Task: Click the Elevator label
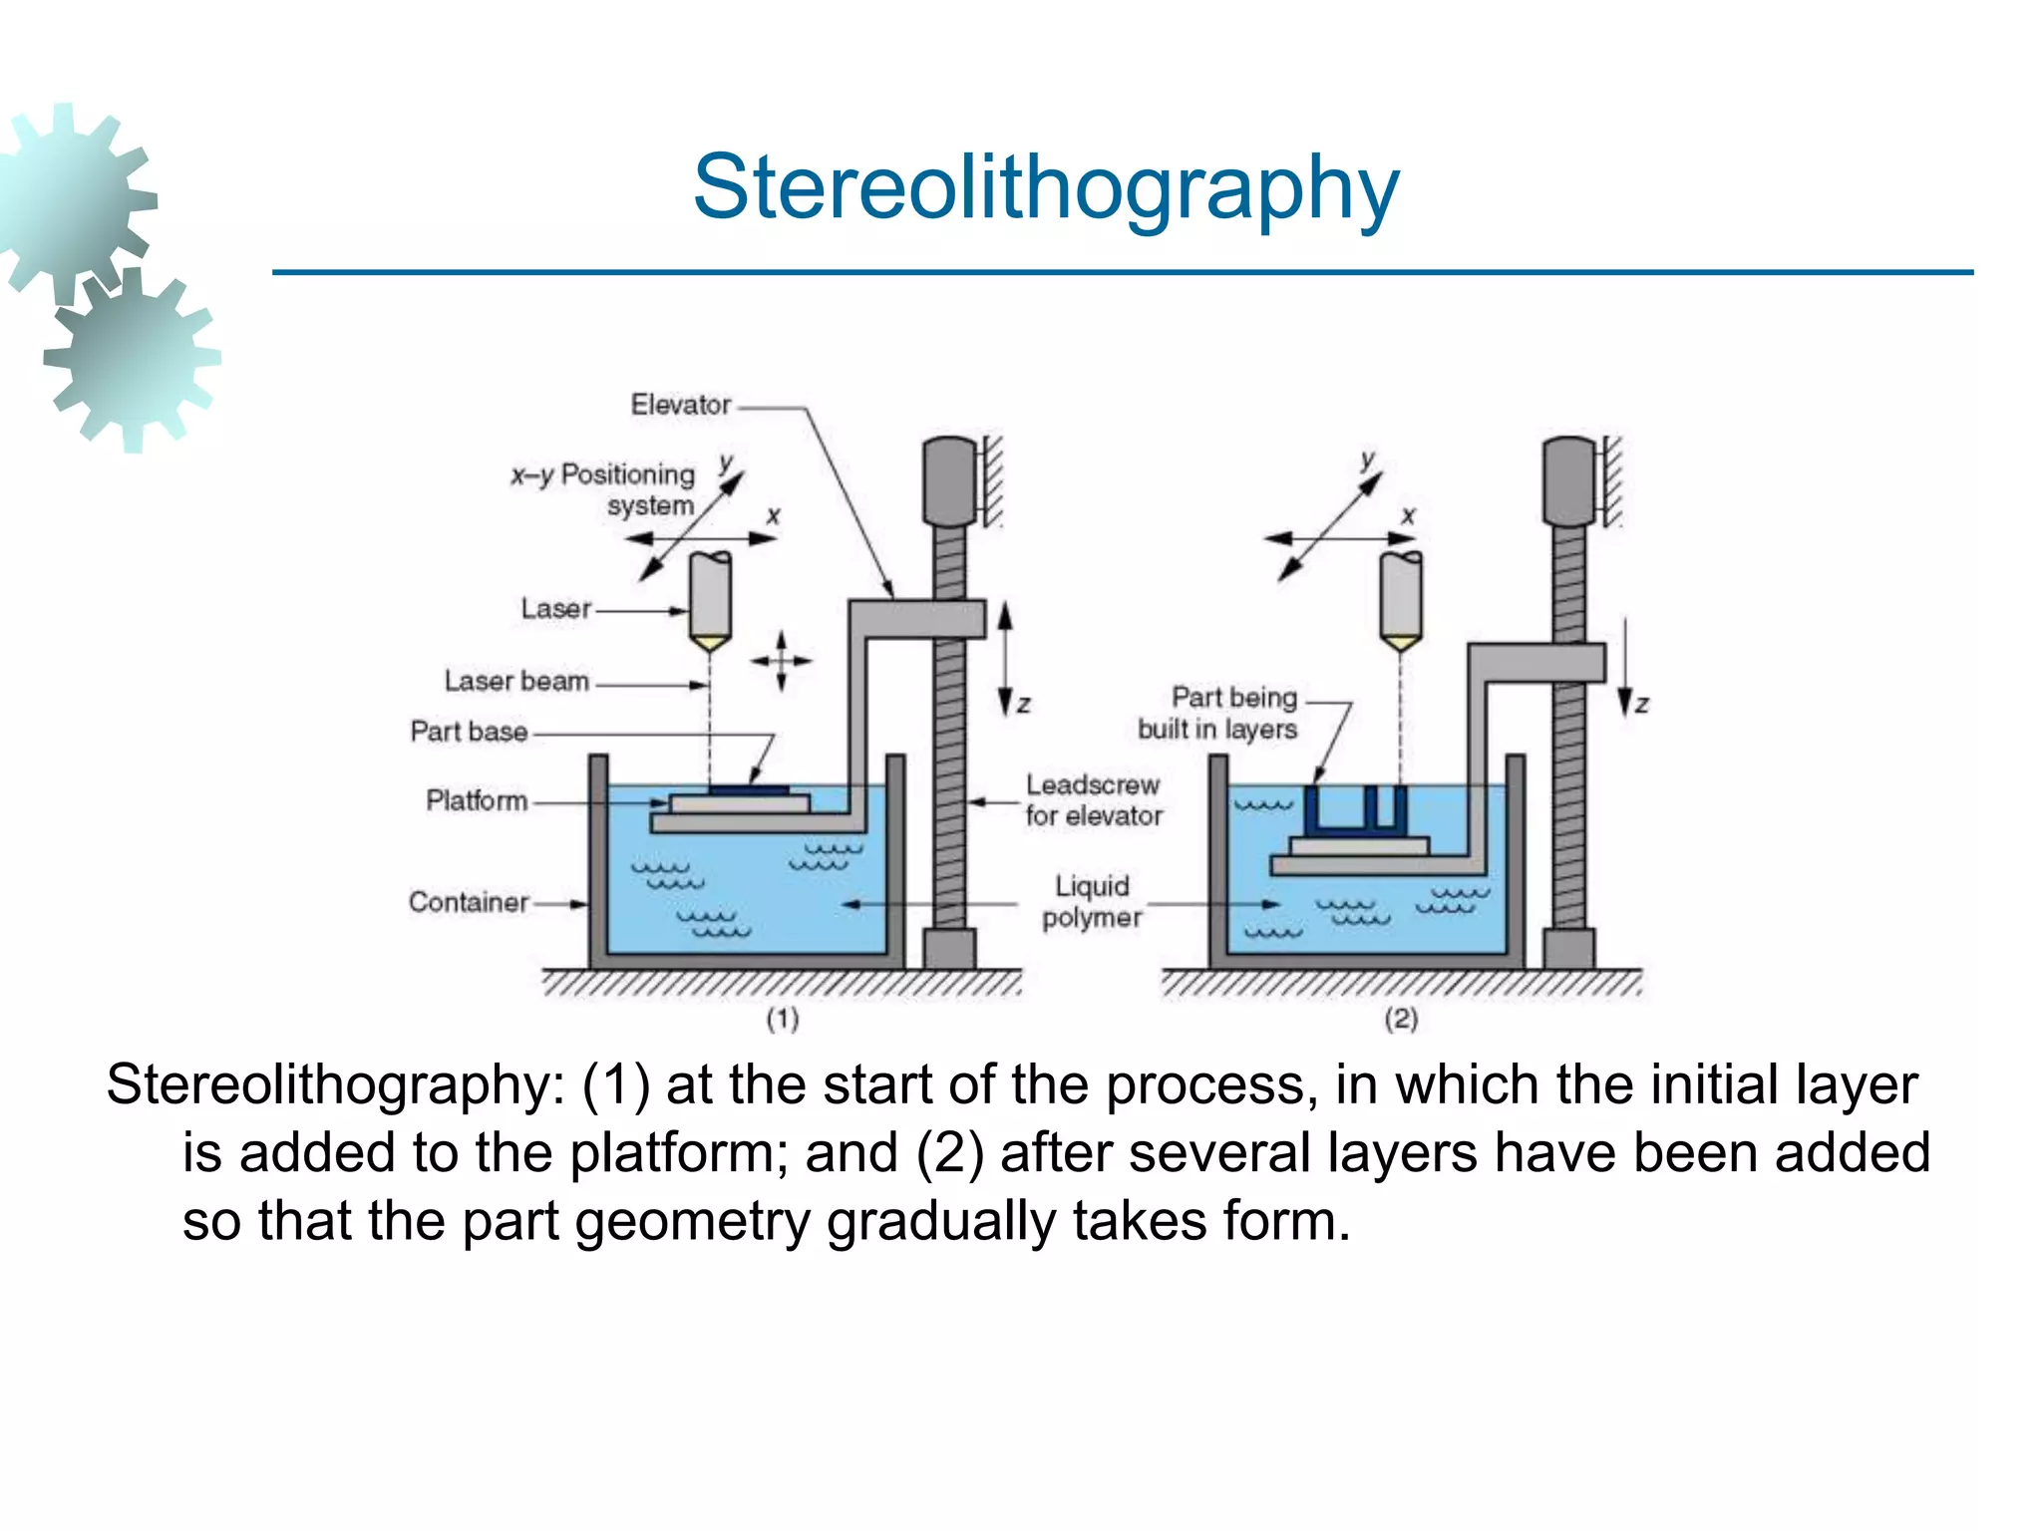[681, 406]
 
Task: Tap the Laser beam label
[516, 682]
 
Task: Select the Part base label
[469, 733]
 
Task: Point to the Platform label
[477, 800]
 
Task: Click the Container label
[469, 903]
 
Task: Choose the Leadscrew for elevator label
[1094, 800]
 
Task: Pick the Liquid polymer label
[1092, 902]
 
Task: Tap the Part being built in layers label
[1218, 714]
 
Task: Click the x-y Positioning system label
[603, 489]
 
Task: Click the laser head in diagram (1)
[710, 598]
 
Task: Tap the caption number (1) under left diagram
[783, 1019]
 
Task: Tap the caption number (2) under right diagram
[1401, 1019]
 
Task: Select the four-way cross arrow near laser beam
[782, 661]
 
